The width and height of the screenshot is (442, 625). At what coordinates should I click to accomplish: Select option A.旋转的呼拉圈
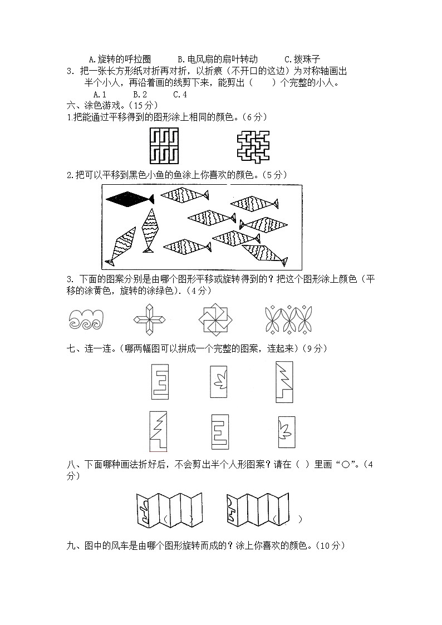click(x=120, y=59)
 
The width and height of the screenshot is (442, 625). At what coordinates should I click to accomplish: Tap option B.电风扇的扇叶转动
click(x=218, y=59)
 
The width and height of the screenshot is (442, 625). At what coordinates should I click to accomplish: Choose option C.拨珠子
click(x=302, y=59)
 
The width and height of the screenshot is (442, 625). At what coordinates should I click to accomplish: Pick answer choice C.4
click(x=180, y=94)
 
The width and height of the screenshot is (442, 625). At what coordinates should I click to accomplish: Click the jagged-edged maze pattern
click(x=252, y=146)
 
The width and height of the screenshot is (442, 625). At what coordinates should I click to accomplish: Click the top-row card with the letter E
click(x=160, y=382)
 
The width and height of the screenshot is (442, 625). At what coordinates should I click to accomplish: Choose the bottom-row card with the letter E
click(x=217, y=432)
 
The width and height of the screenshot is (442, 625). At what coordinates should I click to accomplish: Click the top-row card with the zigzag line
click(x=284, y=381)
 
